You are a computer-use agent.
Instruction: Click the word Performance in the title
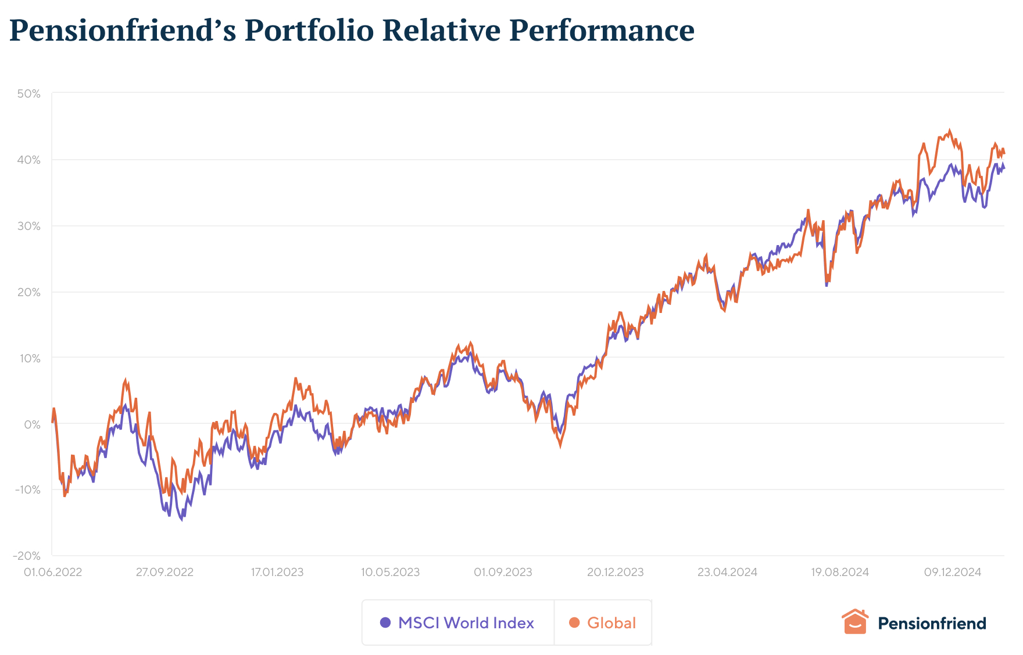(602, 30)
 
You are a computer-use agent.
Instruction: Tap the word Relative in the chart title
(441, 30)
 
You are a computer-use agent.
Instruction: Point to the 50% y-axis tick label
(28, 93)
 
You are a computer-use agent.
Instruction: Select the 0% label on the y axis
(32, 424)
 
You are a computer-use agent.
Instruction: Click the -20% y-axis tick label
(27, 556)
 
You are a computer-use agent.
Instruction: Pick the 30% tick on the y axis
(28, 226)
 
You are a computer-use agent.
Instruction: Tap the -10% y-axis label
(27, 490)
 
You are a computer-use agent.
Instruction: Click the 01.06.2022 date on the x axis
(53, 572)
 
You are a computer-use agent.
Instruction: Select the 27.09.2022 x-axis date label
(164, 572)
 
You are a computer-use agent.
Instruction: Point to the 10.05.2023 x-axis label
(390, 572)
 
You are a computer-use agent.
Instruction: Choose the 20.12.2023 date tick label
(615, 572)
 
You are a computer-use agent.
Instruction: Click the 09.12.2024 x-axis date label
(953, 572)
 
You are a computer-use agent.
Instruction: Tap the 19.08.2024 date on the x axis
(840, 572)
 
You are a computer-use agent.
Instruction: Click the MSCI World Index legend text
(466, 623)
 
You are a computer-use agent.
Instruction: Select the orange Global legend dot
(574, 622)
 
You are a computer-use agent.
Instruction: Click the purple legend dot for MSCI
(385, 622)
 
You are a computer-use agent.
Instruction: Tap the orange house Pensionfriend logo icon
(854, 622)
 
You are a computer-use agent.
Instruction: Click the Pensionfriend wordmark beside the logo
(932, 623)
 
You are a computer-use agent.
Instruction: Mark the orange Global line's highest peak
(950, 131)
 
